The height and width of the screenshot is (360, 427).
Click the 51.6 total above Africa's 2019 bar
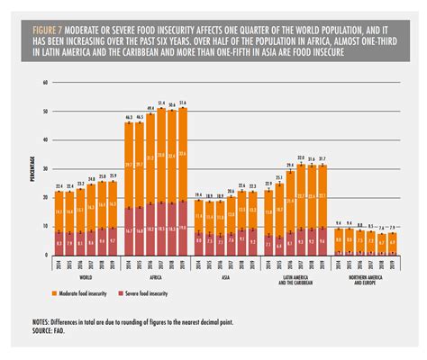[184, 103]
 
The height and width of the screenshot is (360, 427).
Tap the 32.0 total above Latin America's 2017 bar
[301, 157]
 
